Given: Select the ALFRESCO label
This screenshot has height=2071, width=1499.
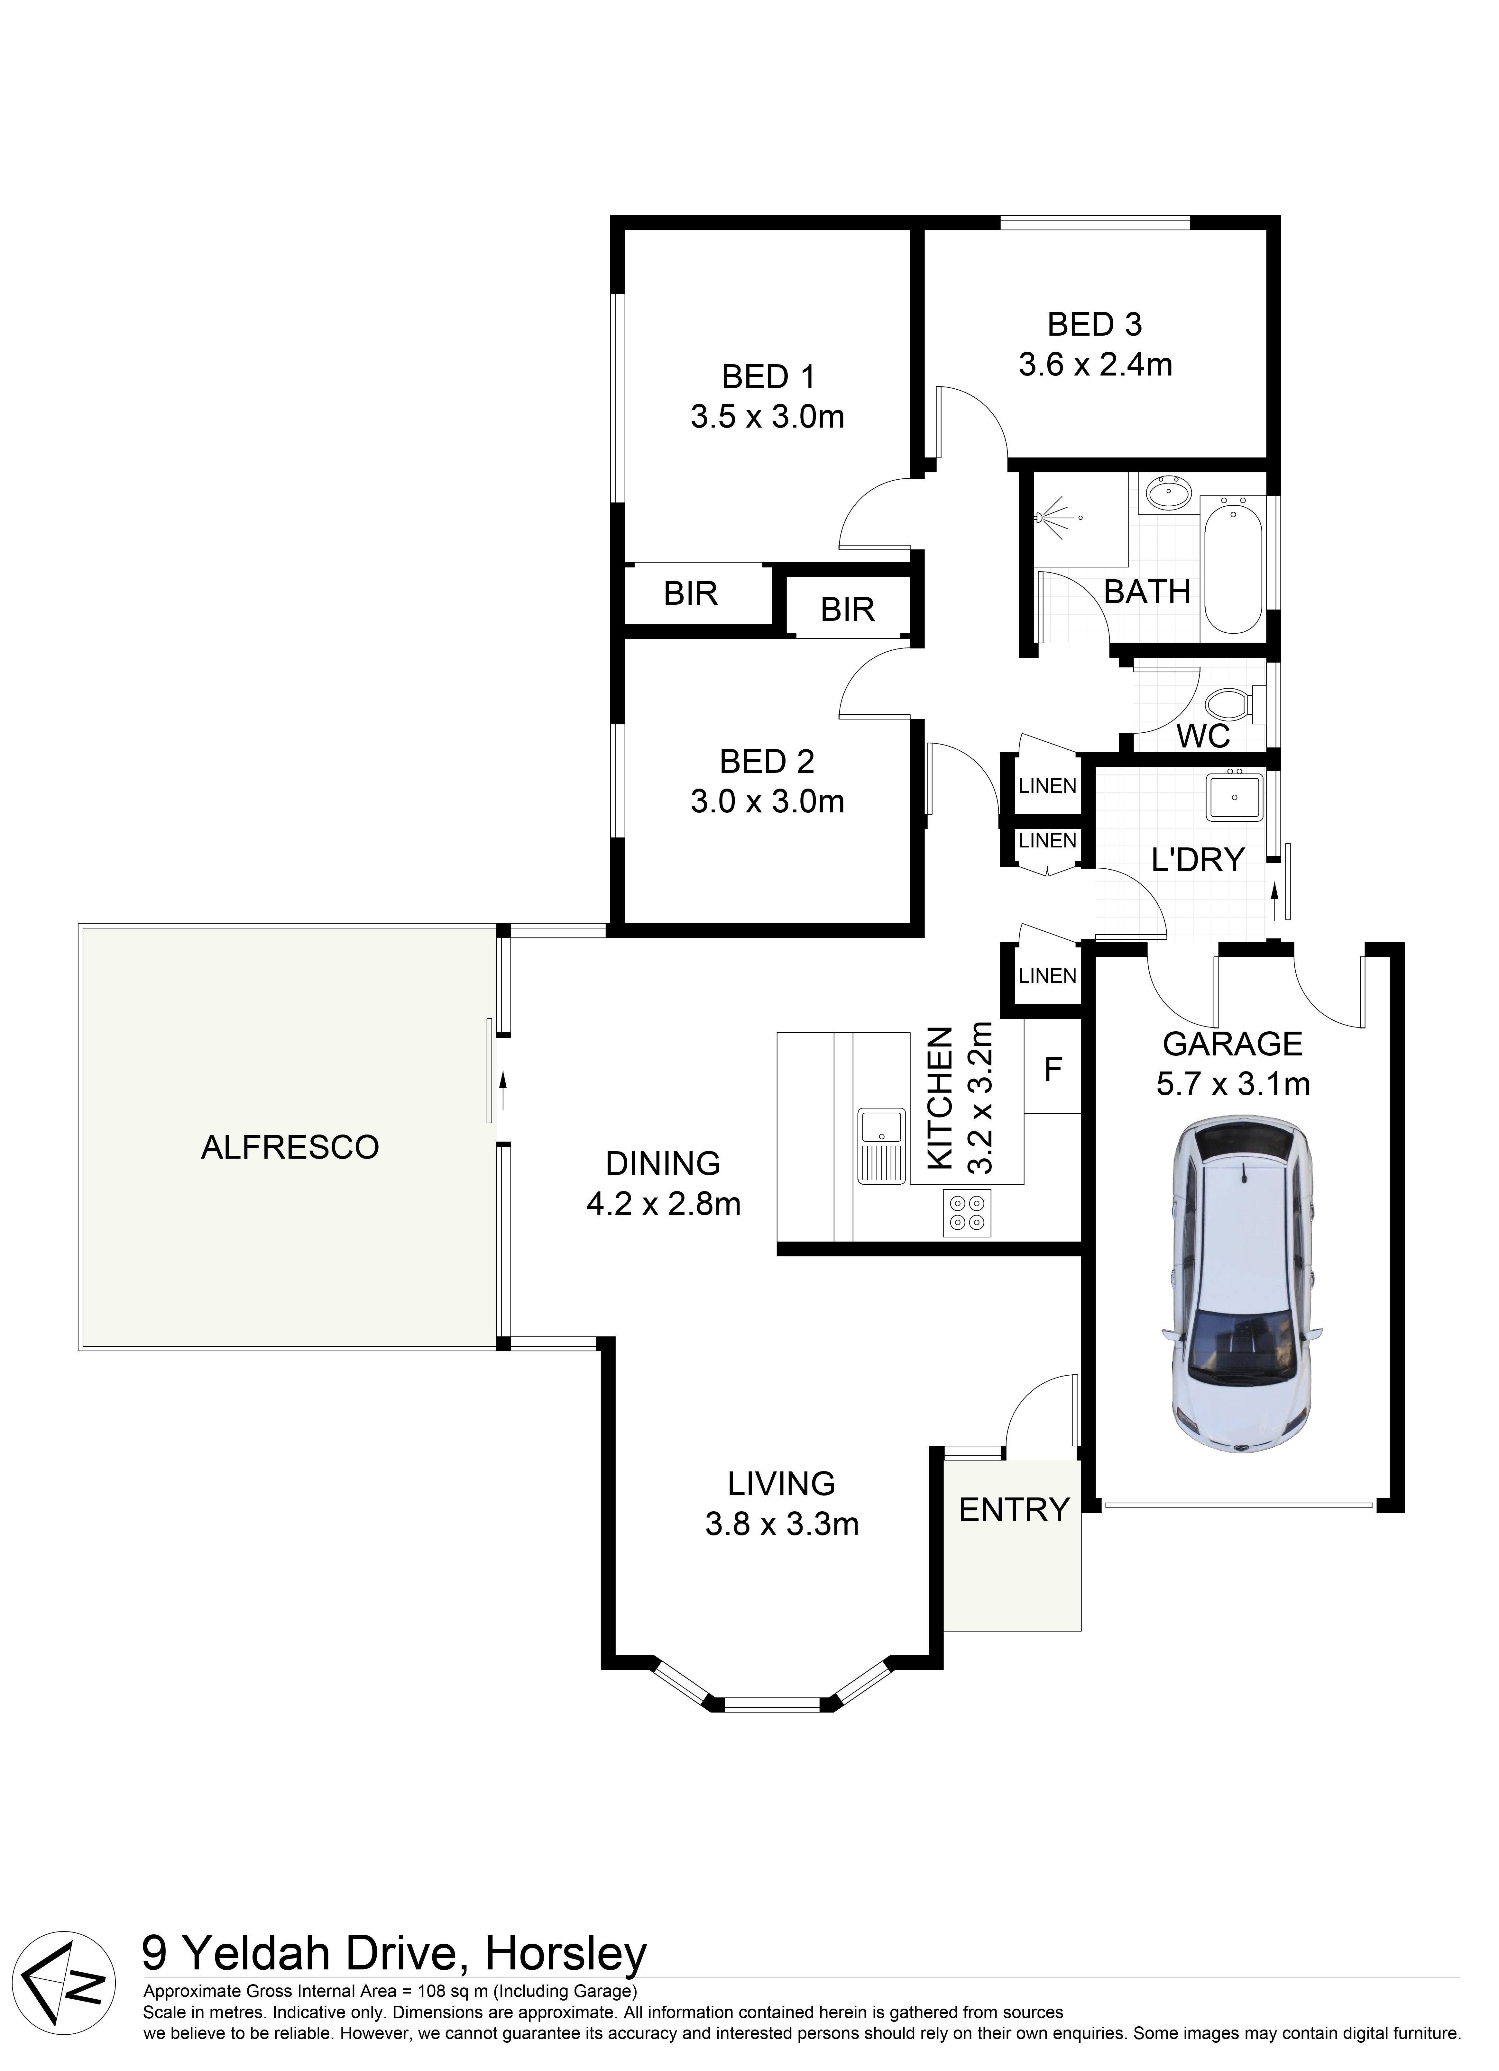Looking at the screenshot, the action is point(290,1147).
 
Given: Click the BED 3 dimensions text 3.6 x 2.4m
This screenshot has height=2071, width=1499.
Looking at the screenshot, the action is point(1095,365).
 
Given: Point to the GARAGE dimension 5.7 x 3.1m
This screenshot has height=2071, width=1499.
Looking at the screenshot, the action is point(1233,1085).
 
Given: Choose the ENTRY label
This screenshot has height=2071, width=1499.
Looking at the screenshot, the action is point(1014,1510).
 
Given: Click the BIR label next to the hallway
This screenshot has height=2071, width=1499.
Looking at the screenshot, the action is point(847,609).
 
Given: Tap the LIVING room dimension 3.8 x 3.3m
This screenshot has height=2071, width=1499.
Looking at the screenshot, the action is point(782,1524).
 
